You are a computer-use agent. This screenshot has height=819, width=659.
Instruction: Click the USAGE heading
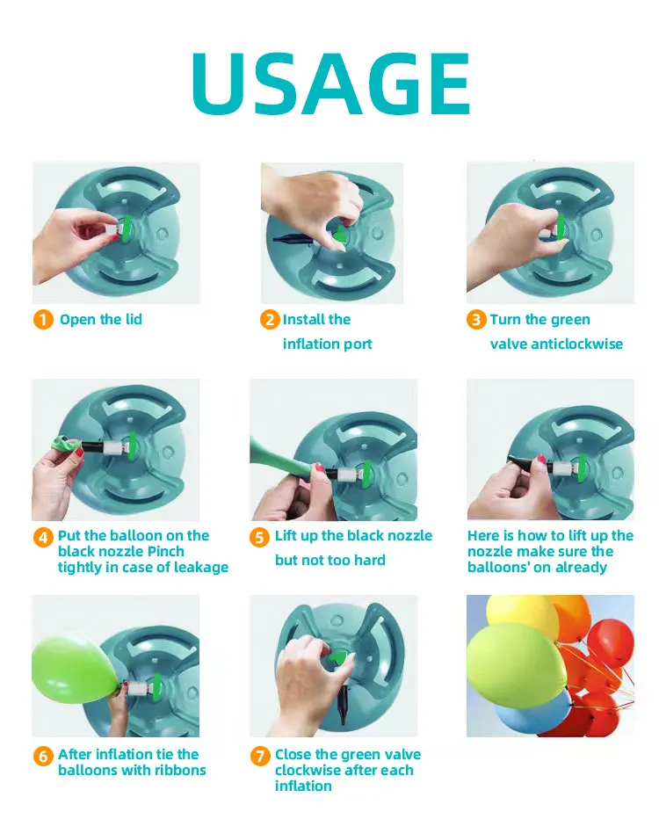click(x=330, y=83)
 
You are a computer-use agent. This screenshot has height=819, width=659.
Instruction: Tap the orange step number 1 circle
click(x=43, y=320)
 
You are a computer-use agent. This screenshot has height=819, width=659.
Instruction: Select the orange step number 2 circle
click(x=270, y=320)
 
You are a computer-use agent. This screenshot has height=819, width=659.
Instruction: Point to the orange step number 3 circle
click(x=476, y=320)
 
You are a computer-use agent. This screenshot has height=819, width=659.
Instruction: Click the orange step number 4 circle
click(x=43, y=538)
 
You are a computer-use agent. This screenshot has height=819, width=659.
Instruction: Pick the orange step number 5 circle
click(x=259, y=538)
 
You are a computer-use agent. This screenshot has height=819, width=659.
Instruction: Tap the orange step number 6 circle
click(x=43, y=756)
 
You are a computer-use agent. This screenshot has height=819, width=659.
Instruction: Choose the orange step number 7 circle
click(x=259, y=756)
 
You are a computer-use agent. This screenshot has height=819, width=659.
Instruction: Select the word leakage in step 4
click(x=200, y=568)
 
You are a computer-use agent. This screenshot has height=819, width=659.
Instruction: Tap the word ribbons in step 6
click(x=178, y=770)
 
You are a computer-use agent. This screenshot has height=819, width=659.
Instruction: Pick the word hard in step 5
click(x=370, y=560)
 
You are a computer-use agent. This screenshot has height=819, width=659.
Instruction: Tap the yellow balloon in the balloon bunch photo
click(x=521, y=617)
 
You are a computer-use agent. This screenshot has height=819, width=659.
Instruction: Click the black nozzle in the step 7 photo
click(x=343, y=705)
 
